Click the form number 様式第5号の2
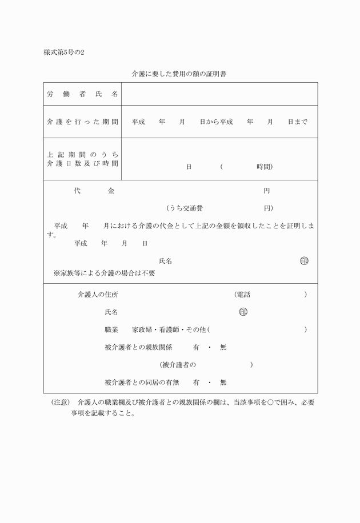(x=63, y=53)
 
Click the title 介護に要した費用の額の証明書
(x=180, y=74)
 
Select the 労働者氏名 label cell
(x=83, y=94)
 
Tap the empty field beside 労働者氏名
(x=219, y=94)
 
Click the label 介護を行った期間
(x=83, y=122)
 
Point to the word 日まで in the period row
(x=297, y=122)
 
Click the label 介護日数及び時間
(x=83, y=163)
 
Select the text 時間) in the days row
(x=265, y=167)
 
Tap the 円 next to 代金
(x=266, y=191)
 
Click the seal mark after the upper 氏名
(x=304, y=261)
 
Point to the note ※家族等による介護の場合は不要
(x=104, y=273)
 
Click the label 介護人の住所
(x=98, y=295)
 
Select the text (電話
(x=242, y=295)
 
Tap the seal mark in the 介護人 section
(x=243, y=312)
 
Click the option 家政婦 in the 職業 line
(x=142, y=329)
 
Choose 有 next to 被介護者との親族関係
(x=196, y=347)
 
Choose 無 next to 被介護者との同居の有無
(x=223, y=383)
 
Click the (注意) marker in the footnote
(x=61, y=402)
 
